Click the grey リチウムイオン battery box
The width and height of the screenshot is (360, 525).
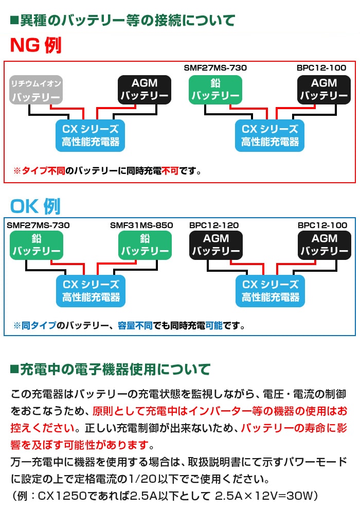pos(36,90)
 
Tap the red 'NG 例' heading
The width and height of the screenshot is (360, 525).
pos(35,46)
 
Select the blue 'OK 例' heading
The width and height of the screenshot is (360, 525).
pos(35,206)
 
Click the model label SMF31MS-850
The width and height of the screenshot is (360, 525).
pos(141,225)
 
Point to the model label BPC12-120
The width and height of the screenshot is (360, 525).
pos(214,225)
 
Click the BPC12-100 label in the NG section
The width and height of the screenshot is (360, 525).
pos(321,68)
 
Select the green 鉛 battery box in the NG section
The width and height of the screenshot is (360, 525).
pos(215,90)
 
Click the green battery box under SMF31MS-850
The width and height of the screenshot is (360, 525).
pos(145,246)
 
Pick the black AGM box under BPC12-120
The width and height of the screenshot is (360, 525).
pos(215,246)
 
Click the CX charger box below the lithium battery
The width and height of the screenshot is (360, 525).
pos(91,135)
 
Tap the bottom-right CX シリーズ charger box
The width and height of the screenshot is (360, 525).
pos(271,291)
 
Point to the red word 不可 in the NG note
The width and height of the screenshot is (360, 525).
pos(170,170)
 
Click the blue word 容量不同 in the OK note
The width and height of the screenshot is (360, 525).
pos(135,326)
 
